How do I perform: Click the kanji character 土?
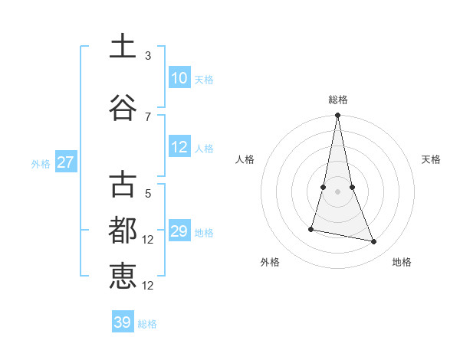[x=123, y=46]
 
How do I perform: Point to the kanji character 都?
[x=123, y=230]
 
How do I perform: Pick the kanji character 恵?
[x=123, y=277]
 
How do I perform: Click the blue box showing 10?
[x=179, y=78]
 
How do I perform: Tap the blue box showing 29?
[x=179, y=232]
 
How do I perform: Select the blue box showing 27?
[x=66, y=162]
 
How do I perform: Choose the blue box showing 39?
[x=123, y=322]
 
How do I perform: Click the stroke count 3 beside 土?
[x=148, y=55]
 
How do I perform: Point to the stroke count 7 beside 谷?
[x=148, y=116]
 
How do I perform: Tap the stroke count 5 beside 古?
[x=148, y=194]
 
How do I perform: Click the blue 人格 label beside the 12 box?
[x=204, y=149]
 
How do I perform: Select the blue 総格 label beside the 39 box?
[x=147, y=324]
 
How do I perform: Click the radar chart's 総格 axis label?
[x=338, y=100]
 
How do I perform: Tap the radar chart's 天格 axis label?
[x=431, y=159]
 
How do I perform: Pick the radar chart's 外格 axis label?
[x=270, y=262]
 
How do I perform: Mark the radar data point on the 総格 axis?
[x=337, y=116]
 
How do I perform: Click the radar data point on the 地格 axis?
[x=374, y=242]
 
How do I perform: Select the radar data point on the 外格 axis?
[x=311, y=229]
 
